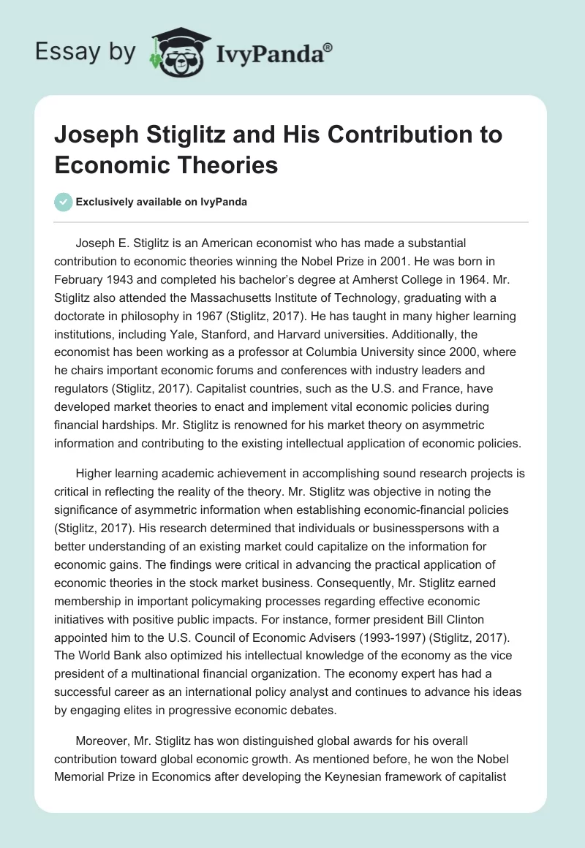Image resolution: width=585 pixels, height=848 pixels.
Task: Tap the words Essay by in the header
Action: coord(86,51)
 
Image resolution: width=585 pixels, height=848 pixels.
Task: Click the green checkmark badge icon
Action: coord(64,202)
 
